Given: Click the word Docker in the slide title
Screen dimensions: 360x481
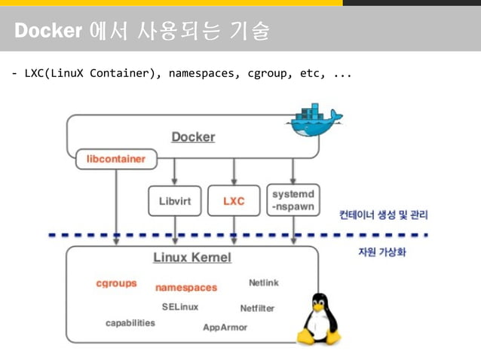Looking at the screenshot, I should pyautogui.click(x=48, y=31).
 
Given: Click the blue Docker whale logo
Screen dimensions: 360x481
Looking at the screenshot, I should pyautogui.click(x=315, y=121).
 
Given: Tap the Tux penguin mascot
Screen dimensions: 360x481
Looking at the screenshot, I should pyautogui.click(x=318, y=319).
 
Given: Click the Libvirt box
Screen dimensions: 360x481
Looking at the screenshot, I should pyautogui.click(x=175, y=202).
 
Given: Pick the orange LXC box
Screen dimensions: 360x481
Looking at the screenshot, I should pyautogui.click(x=234, y=202).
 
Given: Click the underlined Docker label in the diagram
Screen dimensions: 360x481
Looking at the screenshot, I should pyautogui.click(x=193, y=137).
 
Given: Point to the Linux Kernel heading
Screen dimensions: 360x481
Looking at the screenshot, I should pyautogui.click(x=192, y=258).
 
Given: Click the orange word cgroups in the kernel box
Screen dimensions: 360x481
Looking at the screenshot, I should pyautogui.click(x=116, y=283).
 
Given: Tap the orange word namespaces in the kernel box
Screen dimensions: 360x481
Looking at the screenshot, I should pyautogui.click(x=185, y=287).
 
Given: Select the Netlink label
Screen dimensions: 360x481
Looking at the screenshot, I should pyautogui.click(x=263, y=282).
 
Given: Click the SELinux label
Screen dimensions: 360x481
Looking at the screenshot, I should pyautogui.click(x=179, y=307).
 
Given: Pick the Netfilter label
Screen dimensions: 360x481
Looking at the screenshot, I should pyautogui.click(x=257, y=308).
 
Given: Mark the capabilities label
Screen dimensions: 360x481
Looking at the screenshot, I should pyautogui.click(x=130, y=323).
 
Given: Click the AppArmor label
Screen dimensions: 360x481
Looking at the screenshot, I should pyautogui.click(x=225, y=328).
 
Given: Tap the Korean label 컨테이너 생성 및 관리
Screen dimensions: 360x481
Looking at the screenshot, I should pyautogui.click(x=383, y=215).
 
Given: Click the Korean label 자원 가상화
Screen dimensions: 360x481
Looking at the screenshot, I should pyautogui.click(x=381, y=252).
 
